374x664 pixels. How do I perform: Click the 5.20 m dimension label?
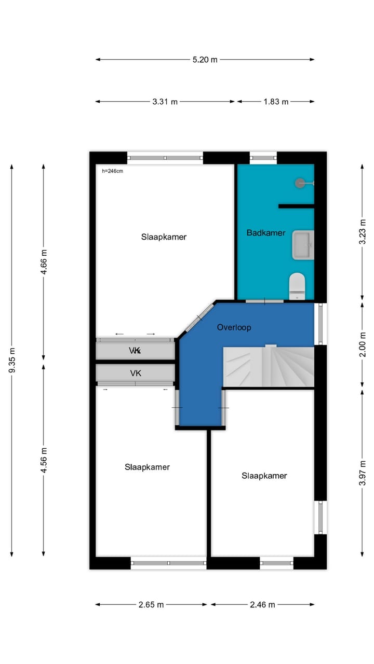coord(205,60)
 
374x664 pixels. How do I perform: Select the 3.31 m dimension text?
coord(165,102)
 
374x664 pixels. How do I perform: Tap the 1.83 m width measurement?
coord(276,102)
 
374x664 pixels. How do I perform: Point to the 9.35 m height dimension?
coord(12,360)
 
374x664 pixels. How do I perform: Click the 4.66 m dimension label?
coord(44,262)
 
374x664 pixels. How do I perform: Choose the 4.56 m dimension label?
coord(44,460)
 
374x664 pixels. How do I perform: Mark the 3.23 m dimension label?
coord(362,232)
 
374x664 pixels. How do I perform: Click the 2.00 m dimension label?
coord(362,344)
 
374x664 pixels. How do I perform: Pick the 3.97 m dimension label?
coord(362,473)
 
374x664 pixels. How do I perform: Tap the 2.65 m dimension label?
coord(151,604)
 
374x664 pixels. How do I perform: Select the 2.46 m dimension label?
coord(262,604)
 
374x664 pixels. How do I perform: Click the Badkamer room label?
coord(266,233)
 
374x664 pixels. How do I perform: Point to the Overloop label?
coord(234,327)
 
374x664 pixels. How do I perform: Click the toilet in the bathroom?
coord(297,286)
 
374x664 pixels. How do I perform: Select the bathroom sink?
coord(303,245)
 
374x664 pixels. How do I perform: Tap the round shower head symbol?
coord(300,183)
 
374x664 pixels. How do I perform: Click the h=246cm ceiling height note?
coord(113,171)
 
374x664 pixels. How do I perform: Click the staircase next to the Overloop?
coord(269,366)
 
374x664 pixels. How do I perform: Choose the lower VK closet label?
coord(136,373)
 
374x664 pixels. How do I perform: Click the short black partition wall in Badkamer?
coord(296,206)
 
